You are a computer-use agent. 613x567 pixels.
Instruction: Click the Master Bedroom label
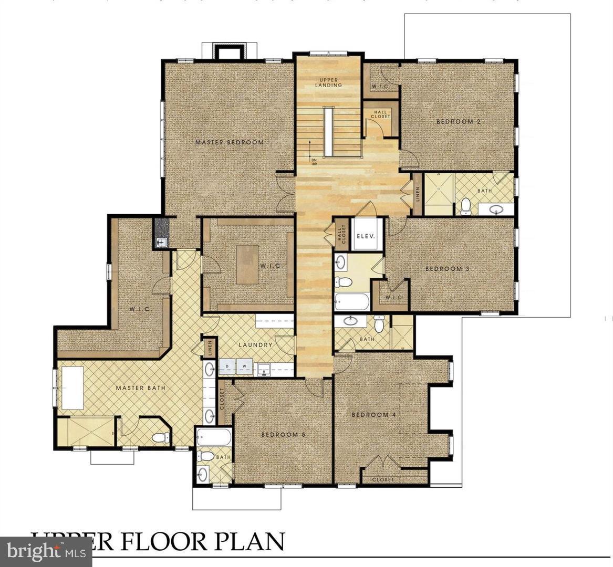tap(229, 142)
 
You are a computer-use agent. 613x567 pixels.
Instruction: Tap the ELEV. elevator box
tap(366, 236)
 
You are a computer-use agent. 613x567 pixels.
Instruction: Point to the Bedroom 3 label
tap(446, 269)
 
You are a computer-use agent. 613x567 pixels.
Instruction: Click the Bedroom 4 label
tap(373, 415)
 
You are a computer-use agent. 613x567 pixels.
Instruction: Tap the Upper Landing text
tap(329, 82)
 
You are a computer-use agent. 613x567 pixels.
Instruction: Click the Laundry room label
tap(255, 345)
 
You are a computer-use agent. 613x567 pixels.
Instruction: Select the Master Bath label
tap(140, 388)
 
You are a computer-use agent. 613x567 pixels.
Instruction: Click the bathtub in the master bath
tap(72, 388)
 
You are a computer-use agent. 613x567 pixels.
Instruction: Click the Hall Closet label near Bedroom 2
tap(381, 114)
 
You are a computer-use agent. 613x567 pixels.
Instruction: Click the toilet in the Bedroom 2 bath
tap(465, 206)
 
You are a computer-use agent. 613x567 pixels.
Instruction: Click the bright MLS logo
tap(38, 551)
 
